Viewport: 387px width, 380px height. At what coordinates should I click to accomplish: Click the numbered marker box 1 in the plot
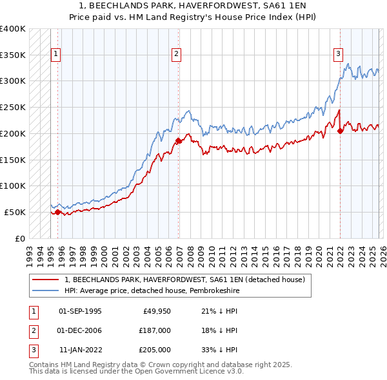click(57, 55)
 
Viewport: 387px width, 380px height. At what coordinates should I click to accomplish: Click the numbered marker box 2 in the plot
click(176, 55)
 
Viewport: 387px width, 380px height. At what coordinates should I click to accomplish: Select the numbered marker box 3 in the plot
click(337, 55)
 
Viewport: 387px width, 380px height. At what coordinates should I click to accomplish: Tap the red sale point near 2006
click(179, 140)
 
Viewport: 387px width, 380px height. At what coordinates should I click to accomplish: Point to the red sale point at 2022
click(340, 131)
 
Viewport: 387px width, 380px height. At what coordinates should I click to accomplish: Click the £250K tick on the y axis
click(13, 107)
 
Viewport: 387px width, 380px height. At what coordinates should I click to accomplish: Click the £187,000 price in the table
click(155, 330)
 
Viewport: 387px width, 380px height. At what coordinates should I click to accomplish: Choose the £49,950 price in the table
click(157, 311)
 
